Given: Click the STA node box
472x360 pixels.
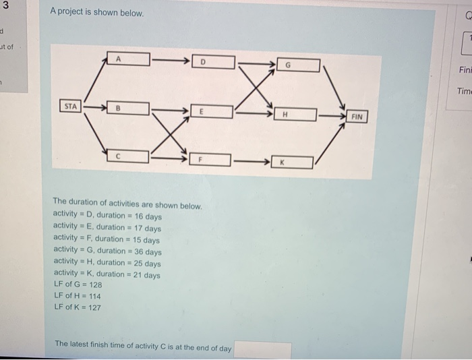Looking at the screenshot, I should pos(70,106).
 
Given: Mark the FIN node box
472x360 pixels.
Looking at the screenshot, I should pos(357,117).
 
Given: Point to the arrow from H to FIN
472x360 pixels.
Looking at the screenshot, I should pos(331,116).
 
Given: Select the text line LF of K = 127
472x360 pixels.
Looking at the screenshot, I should pos(77,307).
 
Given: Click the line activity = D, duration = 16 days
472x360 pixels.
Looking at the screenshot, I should pos(107,216).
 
